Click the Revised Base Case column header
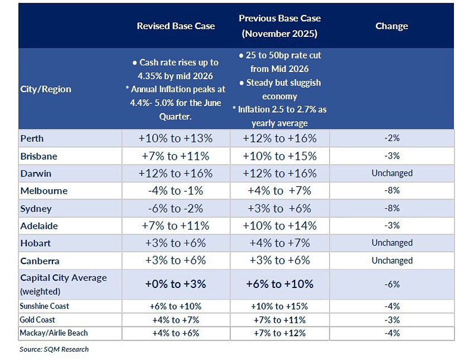tap(176, 26)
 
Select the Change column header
tap(391, 26)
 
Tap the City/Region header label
tap(46, 89)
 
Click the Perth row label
tap(32, 138)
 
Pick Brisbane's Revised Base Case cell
tap(176, 156)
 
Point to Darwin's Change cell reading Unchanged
tap(392, 173)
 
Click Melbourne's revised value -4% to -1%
tap(176, 191)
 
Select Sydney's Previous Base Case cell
tap(279, 208)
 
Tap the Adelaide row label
tap(39, 226)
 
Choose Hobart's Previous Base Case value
tap(279, 243)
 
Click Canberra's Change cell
tap(392, 261)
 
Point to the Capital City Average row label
tap(64, 284)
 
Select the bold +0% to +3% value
tap(176, 284)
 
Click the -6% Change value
tap(392, 284)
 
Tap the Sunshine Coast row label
tap(44, 306)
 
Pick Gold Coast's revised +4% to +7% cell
tap(176, 320)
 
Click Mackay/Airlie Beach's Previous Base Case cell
tap(279, 333)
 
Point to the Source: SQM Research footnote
tap(54, 349)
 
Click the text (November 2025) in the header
tap(279, 33)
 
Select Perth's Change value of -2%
tap(392, 138)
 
